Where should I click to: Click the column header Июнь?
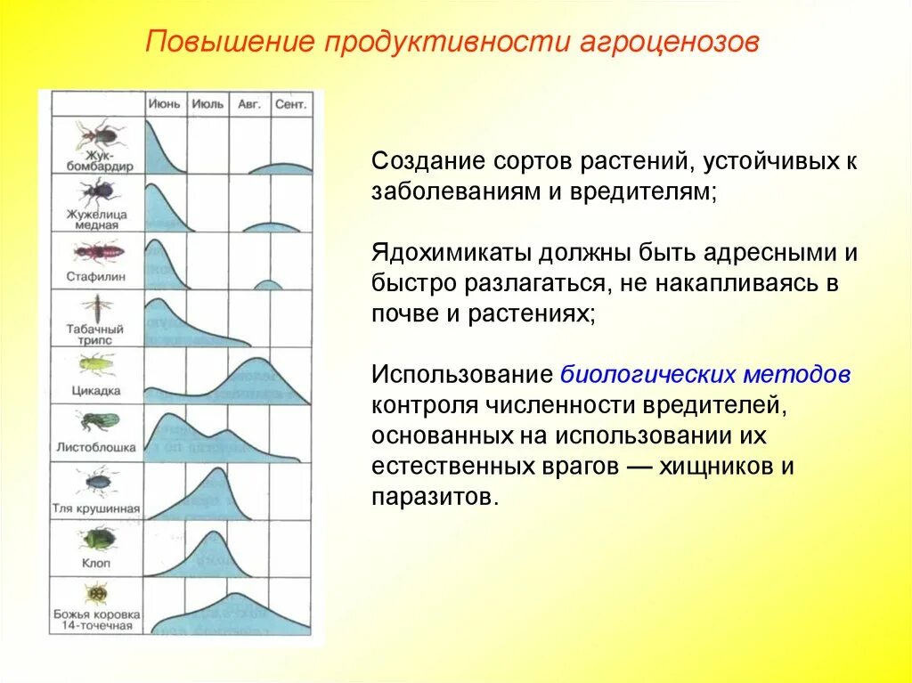point(164,104)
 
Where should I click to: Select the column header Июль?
point(208,104)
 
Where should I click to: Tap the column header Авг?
point(249,104)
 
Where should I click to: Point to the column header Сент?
point(291,104)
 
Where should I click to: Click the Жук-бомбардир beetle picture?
point(97,135)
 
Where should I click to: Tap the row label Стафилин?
point(96,277)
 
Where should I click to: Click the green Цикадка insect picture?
point(97,363)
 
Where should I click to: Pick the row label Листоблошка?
point(96,447)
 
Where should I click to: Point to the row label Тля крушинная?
point(96,508)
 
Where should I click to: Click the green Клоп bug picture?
point(97,538)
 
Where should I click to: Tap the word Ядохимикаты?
point(451,252)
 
